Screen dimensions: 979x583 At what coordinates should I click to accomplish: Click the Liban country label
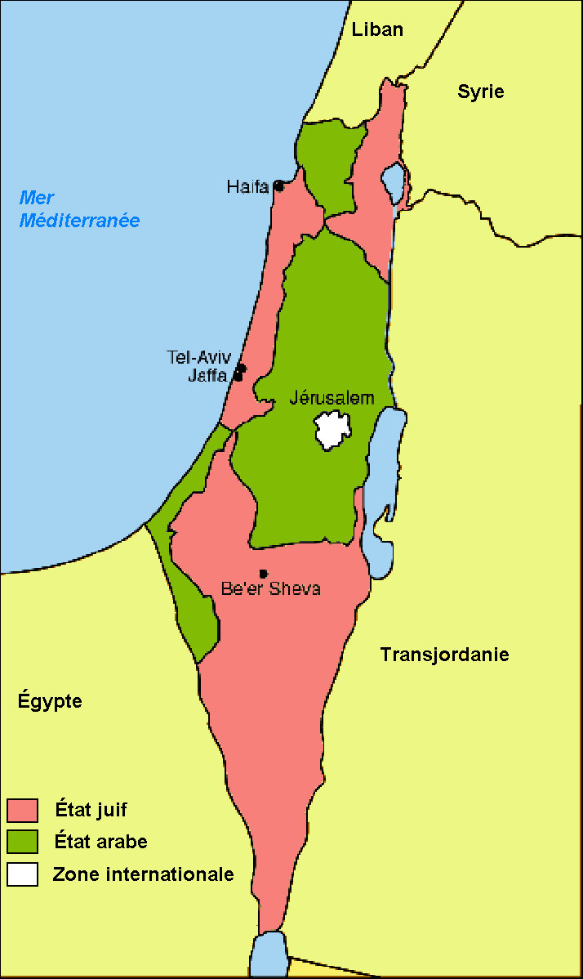click(x=377, y=29)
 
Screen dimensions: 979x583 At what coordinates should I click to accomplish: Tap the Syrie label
click(x=480, y=92)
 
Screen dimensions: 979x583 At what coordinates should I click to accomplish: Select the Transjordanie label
click(x=444, y=655)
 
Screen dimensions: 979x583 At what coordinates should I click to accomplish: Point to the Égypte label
click(x=50, y=701)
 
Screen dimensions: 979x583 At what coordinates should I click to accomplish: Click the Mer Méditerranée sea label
click(x=80, y=209)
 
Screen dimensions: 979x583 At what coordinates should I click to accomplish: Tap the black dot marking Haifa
click(x=278, y=186)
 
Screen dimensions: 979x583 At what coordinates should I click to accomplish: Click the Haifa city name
click(x=247, y=187)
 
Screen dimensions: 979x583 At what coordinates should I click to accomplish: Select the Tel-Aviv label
click(x=200, y=357)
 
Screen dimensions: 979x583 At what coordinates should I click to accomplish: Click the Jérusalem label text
click(x=332, y=398)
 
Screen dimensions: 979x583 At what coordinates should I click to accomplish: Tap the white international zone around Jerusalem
click(x=334, y=430)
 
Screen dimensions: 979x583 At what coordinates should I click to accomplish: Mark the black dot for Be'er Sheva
click(x=263, y=573)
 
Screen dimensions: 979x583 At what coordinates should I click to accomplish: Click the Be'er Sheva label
click(x=271, y=588)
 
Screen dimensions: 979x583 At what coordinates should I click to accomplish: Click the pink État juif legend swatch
click(x=23, y=810)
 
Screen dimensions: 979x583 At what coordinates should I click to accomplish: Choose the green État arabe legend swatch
click(x=23, y=842)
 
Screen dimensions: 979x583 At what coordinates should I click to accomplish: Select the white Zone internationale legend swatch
click(x=23, y=874)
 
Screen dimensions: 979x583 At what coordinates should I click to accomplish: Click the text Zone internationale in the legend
click(x=144, y=874)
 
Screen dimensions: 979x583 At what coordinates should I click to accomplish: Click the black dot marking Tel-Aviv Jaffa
click(x=240, y=373)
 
